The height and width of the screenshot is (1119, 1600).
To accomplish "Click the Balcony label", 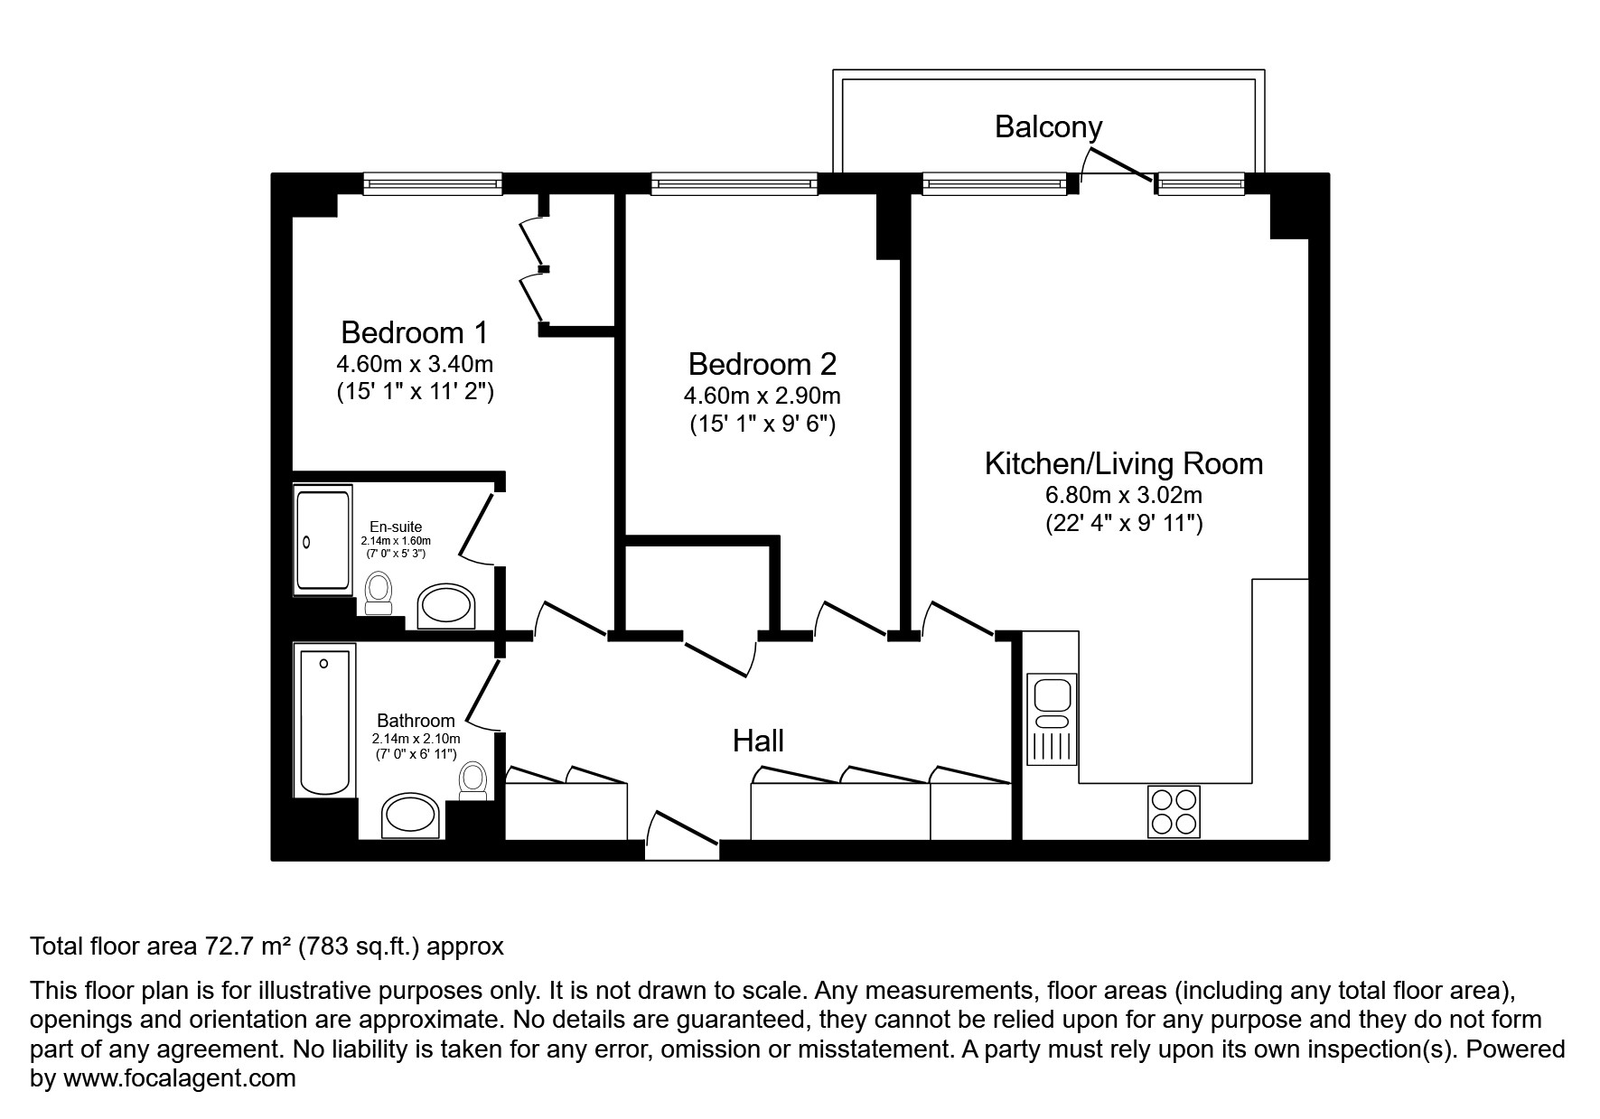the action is pos(1048,127).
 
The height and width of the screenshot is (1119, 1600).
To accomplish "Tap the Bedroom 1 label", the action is pos(415,332).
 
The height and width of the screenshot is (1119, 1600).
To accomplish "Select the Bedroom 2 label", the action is pos(763,364).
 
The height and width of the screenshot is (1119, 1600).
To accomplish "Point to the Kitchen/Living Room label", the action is pos(1123,464).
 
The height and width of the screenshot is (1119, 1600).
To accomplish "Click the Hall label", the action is pos(758,741).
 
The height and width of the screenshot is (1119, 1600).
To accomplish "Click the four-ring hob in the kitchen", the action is pos(1174,811).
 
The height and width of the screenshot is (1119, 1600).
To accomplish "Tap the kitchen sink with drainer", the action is pos(1052,718).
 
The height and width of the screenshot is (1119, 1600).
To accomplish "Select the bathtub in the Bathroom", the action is pos(324,719).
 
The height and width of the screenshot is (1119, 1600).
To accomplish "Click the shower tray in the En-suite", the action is pos(323,540).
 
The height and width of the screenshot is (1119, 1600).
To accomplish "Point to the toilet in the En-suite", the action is pos(379,593).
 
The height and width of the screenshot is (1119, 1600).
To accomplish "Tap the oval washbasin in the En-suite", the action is pos(446,606).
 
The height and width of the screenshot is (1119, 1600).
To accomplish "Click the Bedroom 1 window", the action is pos(433,184).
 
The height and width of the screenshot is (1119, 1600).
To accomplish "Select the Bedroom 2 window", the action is pos(735,184).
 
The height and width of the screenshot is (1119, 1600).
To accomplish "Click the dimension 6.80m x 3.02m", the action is pos(1123,495).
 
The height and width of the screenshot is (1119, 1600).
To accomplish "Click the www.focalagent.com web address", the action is pos(180,1078).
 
